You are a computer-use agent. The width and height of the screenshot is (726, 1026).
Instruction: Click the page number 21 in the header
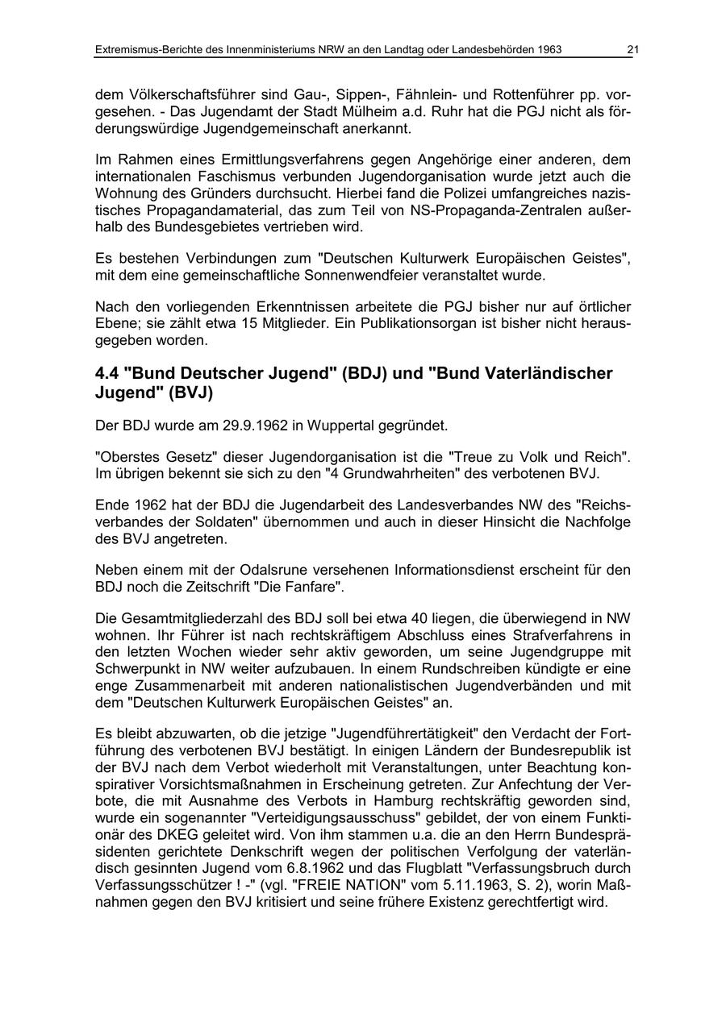(x=632, y=50)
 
